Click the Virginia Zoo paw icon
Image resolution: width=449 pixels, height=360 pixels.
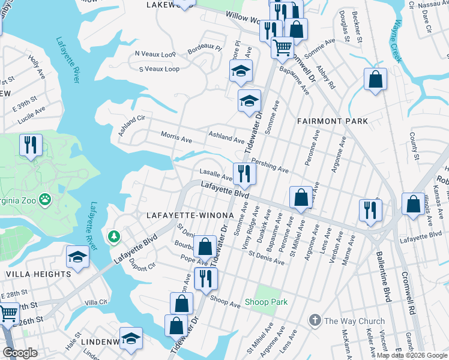[44, 197]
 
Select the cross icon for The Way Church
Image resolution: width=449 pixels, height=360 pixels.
[315, 321]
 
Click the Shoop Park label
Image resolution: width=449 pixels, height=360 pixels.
[266, 302]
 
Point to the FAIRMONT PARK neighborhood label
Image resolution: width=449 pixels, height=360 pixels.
[333, 121]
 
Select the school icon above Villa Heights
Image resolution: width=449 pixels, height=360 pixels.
[78, 257]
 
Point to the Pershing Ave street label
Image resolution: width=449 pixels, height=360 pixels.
[270, 166]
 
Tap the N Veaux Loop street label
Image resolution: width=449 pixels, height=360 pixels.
[155, 53]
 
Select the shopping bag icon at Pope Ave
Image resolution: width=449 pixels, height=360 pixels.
[205, 245]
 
